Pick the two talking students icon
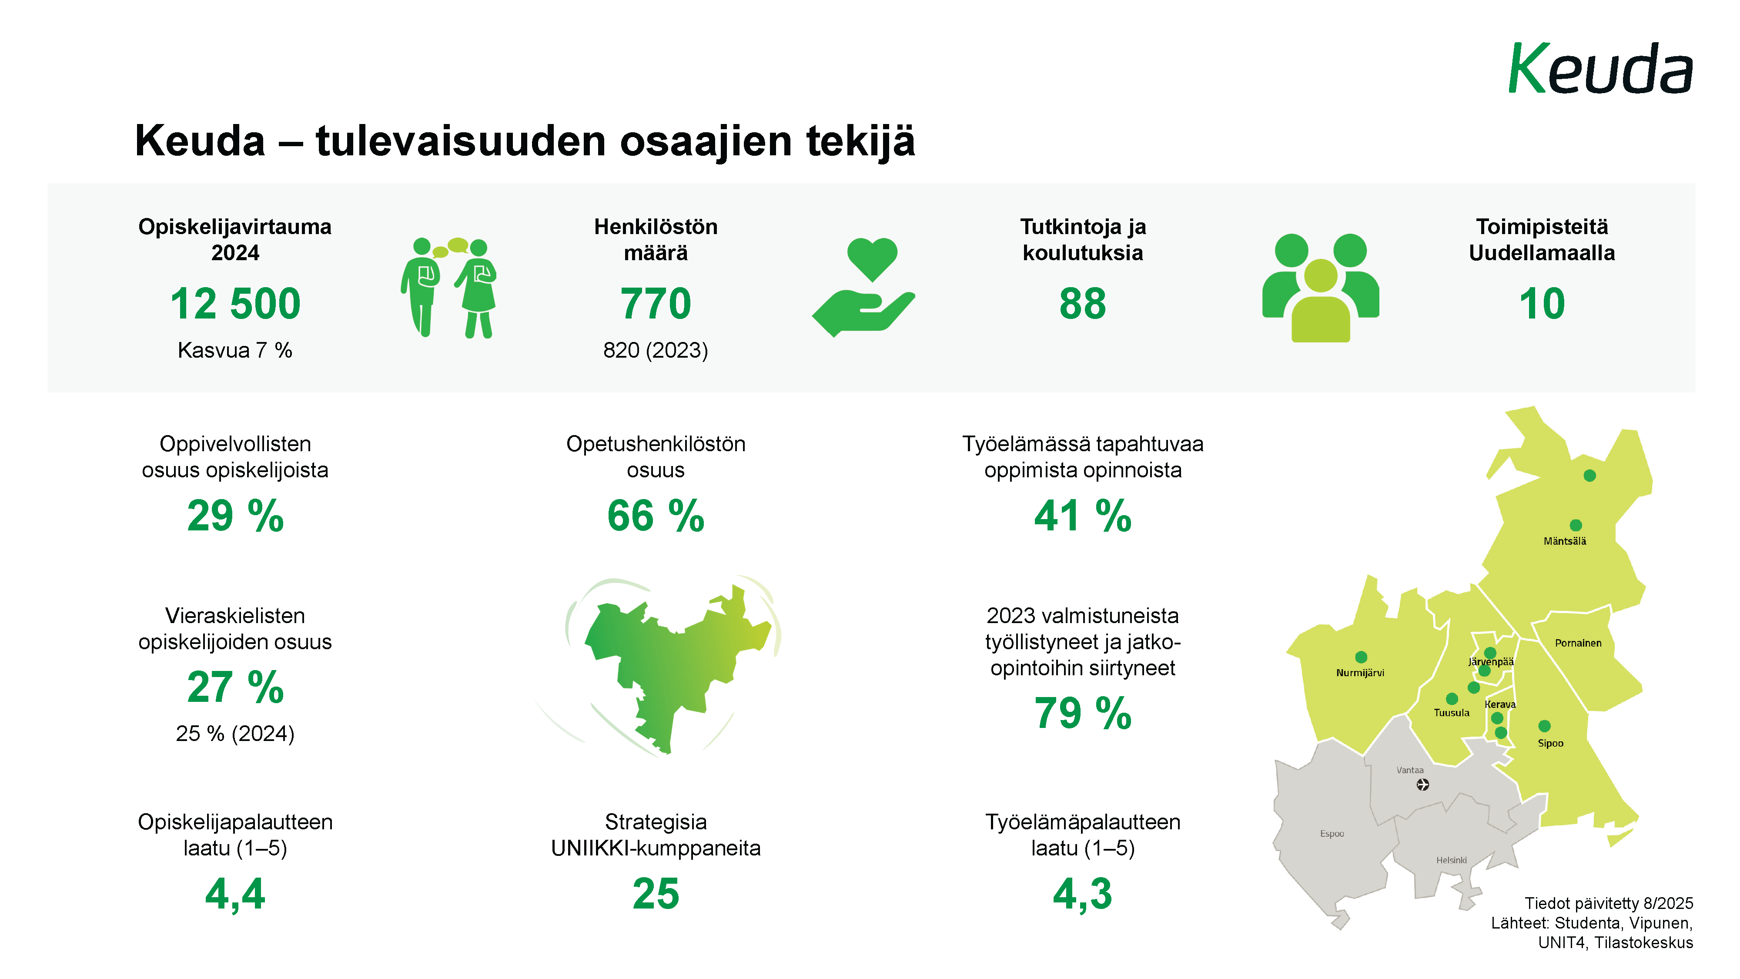(x=448, y=287)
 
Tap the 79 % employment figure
(x=1082, y=714)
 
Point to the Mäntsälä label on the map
(x=1564, y=541)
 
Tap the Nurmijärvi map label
(x=1360, y=673)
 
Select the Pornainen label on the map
(x=1578, y=643)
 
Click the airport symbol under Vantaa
(x=1422, y=785)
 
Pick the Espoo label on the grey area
(x=1332, y=834)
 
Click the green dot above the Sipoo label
(x=1544, y=726)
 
